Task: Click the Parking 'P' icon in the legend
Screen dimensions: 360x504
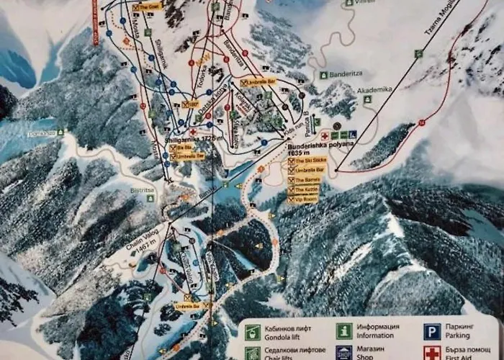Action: click(x=431, y=331)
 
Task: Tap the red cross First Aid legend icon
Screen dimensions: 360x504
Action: click(x=431, y=354)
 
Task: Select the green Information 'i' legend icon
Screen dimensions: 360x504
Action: click(x=344, y=331)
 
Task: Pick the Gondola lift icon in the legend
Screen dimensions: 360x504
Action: click(x=252, y=332)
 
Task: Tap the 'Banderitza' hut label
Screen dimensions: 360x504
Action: click(x=349, y=74)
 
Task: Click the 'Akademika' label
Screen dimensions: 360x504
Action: click(x=374, y=89)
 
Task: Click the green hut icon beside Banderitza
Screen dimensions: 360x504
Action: click(x=324, y=74)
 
